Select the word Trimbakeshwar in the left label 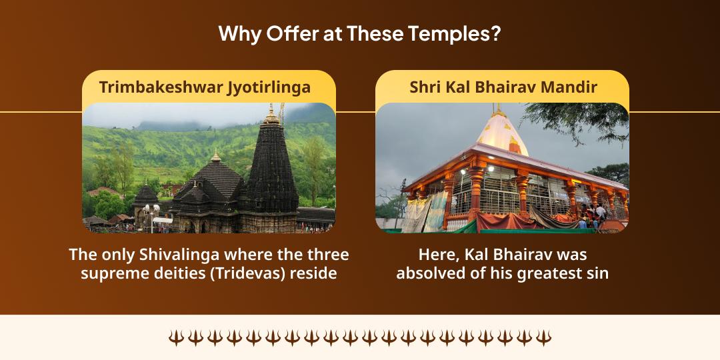pos(161,87)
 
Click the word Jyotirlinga pos(269,87)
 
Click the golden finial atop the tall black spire pos(271,115)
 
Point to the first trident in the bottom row pos(176,337)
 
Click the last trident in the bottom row pos(543,337)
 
